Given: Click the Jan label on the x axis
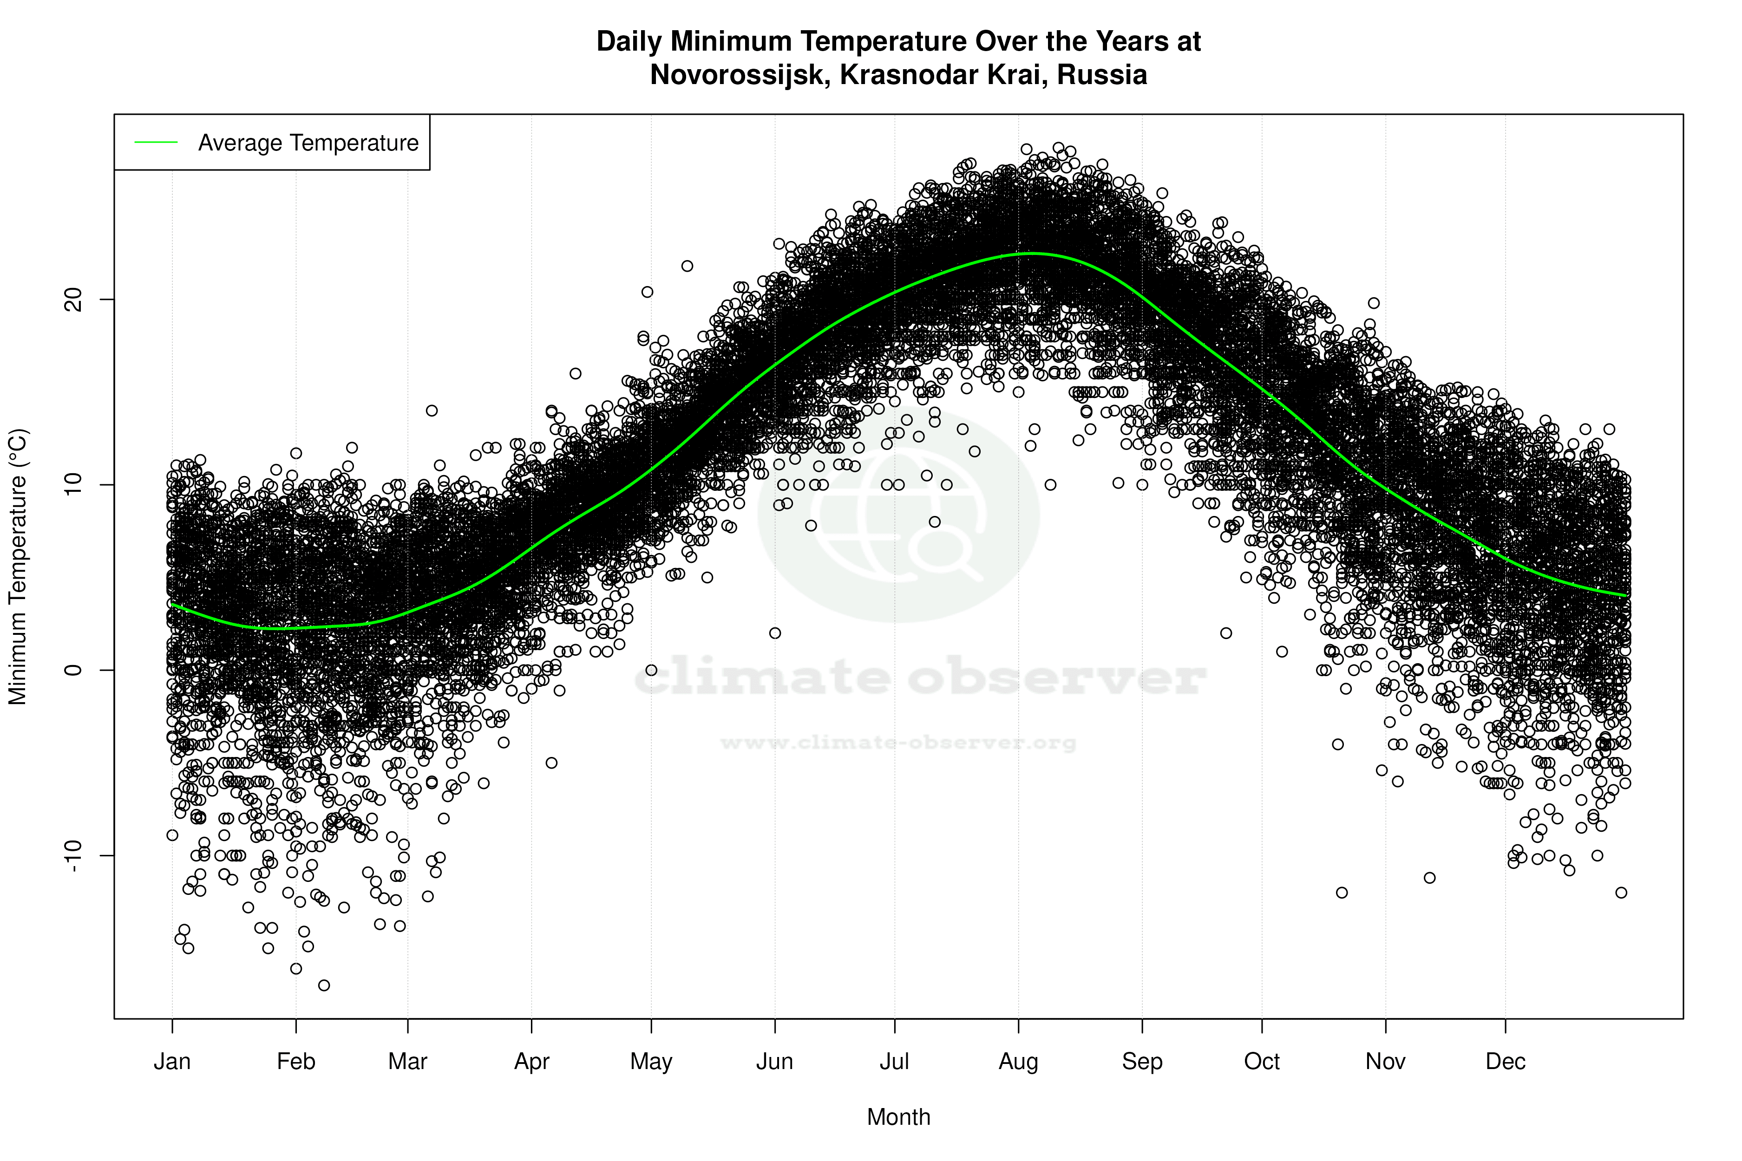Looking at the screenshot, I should [172, 1062].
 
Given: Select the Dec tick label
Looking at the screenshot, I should [1505, 1062].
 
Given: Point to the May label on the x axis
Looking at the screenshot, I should [650, 1062].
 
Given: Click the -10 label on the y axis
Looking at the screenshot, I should [72, 855].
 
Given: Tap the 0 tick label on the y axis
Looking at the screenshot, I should [72, 670].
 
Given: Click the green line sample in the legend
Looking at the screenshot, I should [156, 142].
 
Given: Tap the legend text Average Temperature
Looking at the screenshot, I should [308, 142].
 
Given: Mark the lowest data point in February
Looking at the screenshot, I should [324, 985].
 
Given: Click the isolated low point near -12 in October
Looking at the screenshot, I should [1341, 892].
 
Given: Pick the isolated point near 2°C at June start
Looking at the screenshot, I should [775, 633].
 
